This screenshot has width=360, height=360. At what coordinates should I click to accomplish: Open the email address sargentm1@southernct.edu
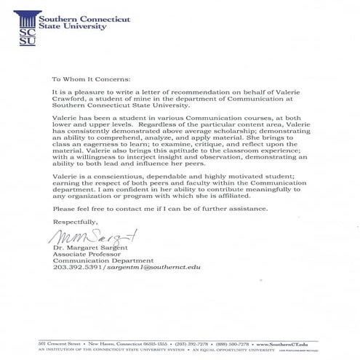pyautogui.click(x=153, y=275)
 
